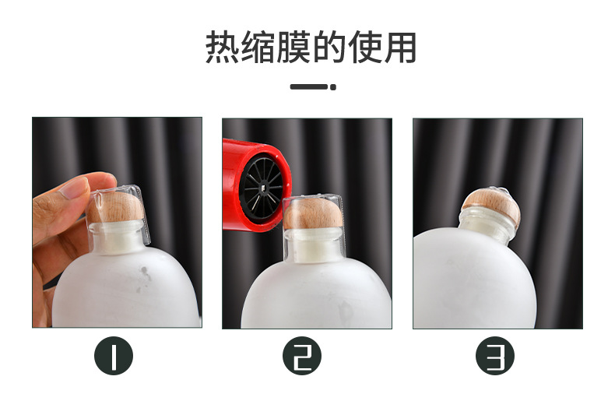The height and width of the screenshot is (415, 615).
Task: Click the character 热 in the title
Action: [221, 47]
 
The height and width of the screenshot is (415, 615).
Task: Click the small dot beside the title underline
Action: [333, 87]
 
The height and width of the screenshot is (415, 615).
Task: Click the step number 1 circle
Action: [114, 357]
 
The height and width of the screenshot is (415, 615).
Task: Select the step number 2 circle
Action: [302, 357]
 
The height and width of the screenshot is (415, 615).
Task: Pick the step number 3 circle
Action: [495, 357]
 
